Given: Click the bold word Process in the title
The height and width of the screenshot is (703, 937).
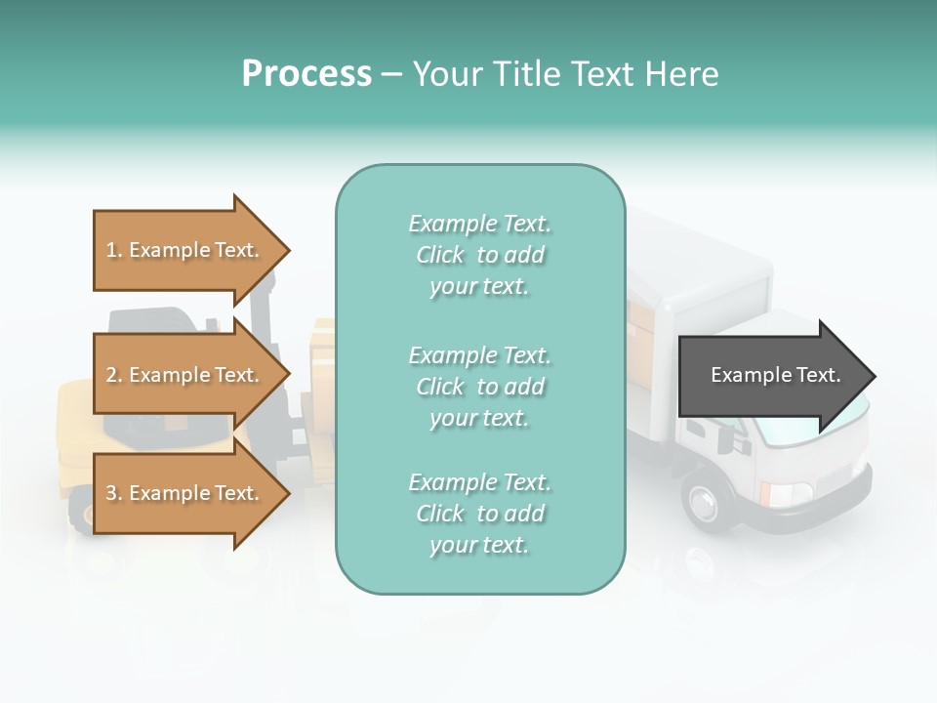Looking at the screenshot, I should (x=306, y=74).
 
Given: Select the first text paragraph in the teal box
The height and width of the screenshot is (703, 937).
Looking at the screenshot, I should (x=479, y=255).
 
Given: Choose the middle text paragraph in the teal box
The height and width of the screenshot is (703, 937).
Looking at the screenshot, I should (x=479, y=387).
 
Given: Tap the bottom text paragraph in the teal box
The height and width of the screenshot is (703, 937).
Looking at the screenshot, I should (x=479, y=514).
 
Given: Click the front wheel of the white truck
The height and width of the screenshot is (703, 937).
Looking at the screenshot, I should (x=705, y=500).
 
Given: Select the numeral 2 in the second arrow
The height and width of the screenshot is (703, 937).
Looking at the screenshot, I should (x=111, y=375).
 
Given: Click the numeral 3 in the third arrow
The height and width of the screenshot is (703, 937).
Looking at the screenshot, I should (x=111, y=494).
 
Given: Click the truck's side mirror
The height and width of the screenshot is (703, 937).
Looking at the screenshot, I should (x=726, y=439).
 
